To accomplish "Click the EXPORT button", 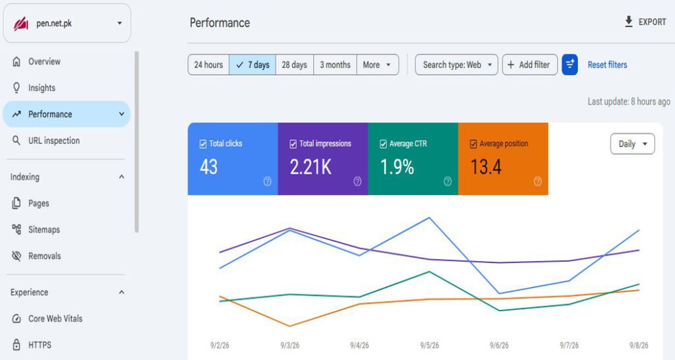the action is click(645, 22).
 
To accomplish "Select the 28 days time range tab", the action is click(295, 65).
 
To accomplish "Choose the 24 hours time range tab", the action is click(208, 65).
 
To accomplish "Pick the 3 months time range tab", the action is click(335, 65).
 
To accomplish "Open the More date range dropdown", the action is click(377, 65).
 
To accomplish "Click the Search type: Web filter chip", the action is click(456, 65).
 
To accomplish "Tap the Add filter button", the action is click(529, 65).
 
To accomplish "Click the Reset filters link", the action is click(607, 65).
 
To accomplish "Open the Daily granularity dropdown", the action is click(632, 144).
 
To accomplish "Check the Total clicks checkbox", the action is click(203, 144).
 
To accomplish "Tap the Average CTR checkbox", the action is click(383, 144).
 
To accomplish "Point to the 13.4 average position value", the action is click(486, 167).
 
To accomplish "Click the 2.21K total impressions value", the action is click(310, 167).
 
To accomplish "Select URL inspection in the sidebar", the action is click(54, 140).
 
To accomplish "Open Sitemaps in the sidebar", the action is click(44, 229).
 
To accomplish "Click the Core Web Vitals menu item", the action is click(55, 318).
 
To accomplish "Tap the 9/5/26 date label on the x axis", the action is click(429, 345).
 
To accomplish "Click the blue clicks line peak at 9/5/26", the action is click(429, 218).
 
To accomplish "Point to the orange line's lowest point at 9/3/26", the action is click(290, 326).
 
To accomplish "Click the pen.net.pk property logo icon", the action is click(20, 24).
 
